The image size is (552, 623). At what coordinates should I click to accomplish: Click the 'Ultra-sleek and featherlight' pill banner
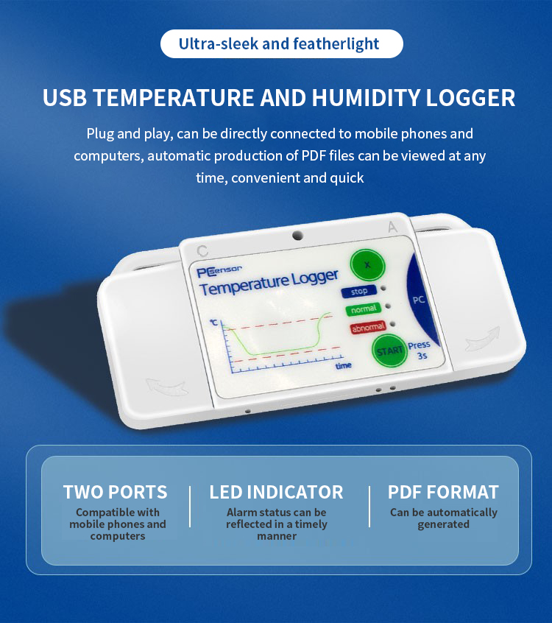tap(282, 43)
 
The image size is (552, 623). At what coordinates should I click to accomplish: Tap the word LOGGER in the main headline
tap(470, 98)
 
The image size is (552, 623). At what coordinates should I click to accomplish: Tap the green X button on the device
tap(367, 264)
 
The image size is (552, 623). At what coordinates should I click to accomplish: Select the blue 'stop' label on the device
tap(359, 291)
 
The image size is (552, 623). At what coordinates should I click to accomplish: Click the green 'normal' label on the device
tap(364, 309)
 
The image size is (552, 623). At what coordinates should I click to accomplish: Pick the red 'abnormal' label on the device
tap(368, 328)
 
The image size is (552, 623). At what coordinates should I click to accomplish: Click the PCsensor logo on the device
tap(219, 271)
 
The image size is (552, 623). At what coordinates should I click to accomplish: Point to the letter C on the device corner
tap(202, 250)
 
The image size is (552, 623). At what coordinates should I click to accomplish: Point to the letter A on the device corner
tap(392, 228)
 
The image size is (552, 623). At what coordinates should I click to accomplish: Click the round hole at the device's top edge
tap(297, 235)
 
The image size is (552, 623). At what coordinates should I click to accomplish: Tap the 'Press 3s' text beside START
tap(420, 351)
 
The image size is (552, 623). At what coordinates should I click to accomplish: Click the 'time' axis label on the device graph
tap(343, 365)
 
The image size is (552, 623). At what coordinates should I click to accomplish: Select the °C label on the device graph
tap(214, 323)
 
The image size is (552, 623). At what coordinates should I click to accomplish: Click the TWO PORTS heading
tap(115, 492)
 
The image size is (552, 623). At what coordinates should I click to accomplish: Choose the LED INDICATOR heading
tap(276, 492)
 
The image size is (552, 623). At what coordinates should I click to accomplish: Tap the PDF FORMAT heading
tap(443, 492)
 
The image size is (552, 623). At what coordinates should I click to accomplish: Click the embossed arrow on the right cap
tap(483, 339)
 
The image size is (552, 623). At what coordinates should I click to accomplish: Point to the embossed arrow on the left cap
tap(166, 387)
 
